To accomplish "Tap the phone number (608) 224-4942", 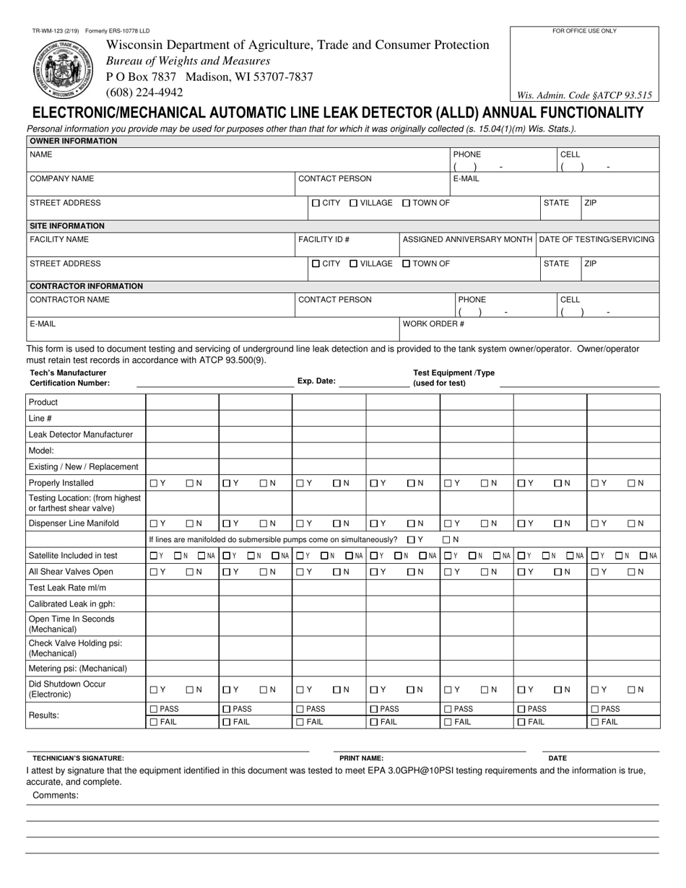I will (144, 92).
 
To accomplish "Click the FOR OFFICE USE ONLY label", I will (584, 31).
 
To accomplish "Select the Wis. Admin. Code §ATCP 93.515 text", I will (584, 95).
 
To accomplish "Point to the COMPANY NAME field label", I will (61, 178).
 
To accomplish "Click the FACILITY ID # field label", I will (324, 239).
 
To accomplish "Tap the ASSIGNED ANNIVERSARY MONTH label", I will (467, 239).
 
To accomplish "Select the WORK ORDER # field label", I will (433, 324).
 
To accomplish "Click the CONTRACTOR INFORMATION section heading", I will (86, 286).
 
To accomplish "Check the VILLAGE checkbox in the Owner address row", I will (354, 204).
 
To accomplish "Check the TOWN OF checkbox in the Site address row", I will (406, 264).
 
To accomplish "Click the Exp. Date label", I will (316, 381).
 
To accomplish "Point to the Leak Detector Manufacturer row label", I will (81, 435).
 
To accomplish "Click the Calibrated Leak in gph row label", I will (71, 604).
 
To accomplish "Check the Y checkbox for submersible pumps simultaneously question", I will (411, 539).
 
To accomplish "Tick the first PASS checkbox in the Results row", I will (153, 709).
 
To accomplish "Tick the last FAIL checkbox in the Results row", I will (595, 722).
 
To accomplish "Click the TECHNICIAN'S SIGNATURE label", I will (78, 759).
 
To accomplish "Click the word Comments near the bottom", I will (56, 796).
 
